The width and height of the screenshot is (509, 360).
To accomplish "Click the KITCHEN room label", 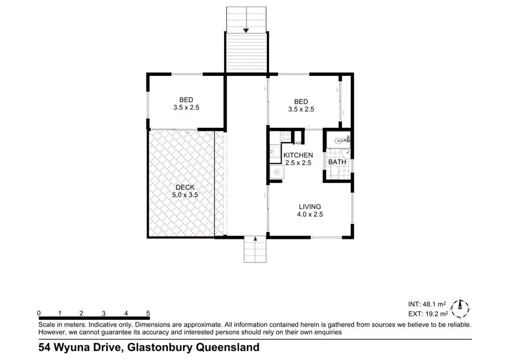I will point(298,155).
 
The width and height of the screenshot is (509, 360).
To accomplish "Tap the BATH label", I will point(337,162).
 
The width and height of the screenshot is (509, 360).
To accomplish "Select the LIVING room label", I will point(310,207).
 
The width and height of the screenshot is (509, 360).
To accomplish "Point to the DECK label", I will point(185,187).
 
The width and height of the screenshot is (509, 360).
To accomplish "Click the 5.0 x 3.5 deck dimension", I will point(185,195).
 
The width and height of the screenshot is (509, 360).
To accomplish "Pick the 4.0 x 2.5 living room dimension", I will point(310,215).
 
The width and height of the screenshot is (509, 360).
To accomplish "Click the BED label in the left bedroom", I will point(187,98).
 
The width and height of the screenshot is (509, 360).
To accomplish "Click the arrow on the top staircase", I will point(246,31).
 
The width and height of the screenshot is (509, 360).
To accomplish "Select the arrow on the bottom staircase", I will point(256,239).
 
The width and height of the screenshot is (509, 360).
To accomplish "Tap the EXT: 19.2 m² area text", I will point(428,313).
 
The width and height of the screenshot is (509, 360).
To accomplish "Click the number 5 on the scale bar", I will point(148,312).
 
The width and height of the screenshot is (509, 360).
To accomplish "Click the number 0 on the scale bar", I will point(38,312).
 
